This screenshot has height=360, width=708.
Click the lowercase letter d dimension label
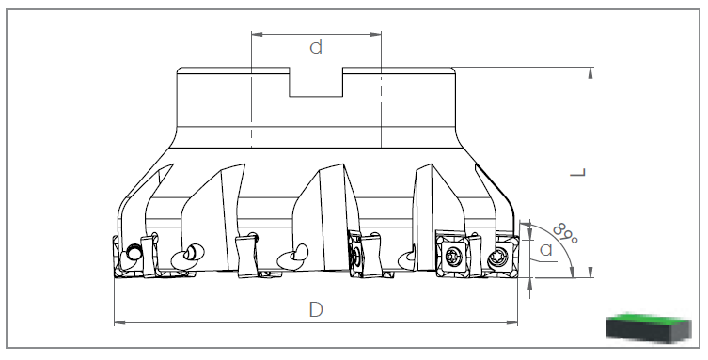(316, 47)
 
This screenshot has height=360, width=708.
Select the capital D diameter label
(316, 310)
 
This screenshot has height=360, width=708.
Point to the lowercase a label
(546, 249)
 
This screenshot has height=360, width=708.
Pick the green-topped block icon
(649, 327)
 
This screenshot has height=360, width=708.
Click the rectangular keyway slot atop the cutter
(316, 82)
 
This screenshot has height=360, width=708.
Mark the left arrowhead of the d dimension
(257, 34)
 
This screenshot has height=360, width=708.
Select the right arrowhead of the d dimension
(376, 34)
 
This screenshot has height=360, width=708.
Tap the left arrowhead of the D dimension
(119, 322)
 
